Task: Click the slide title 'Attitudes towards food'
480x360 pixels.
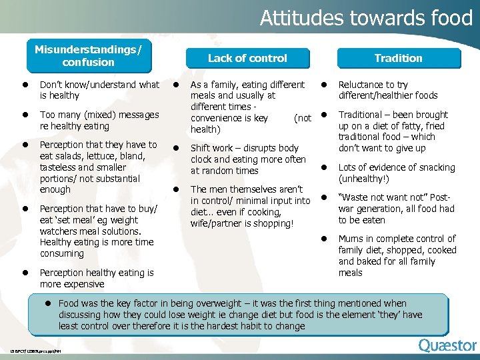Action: point(366,17)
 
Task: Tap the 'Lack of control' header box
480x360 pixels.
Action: point(247,58)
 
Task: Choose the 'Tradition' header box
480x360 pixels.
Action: point(398,58)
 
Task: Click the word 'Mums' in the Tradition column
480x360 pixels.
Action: point(352,239)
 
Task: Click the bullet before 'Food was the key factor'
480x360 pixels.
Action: point(48,303)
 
